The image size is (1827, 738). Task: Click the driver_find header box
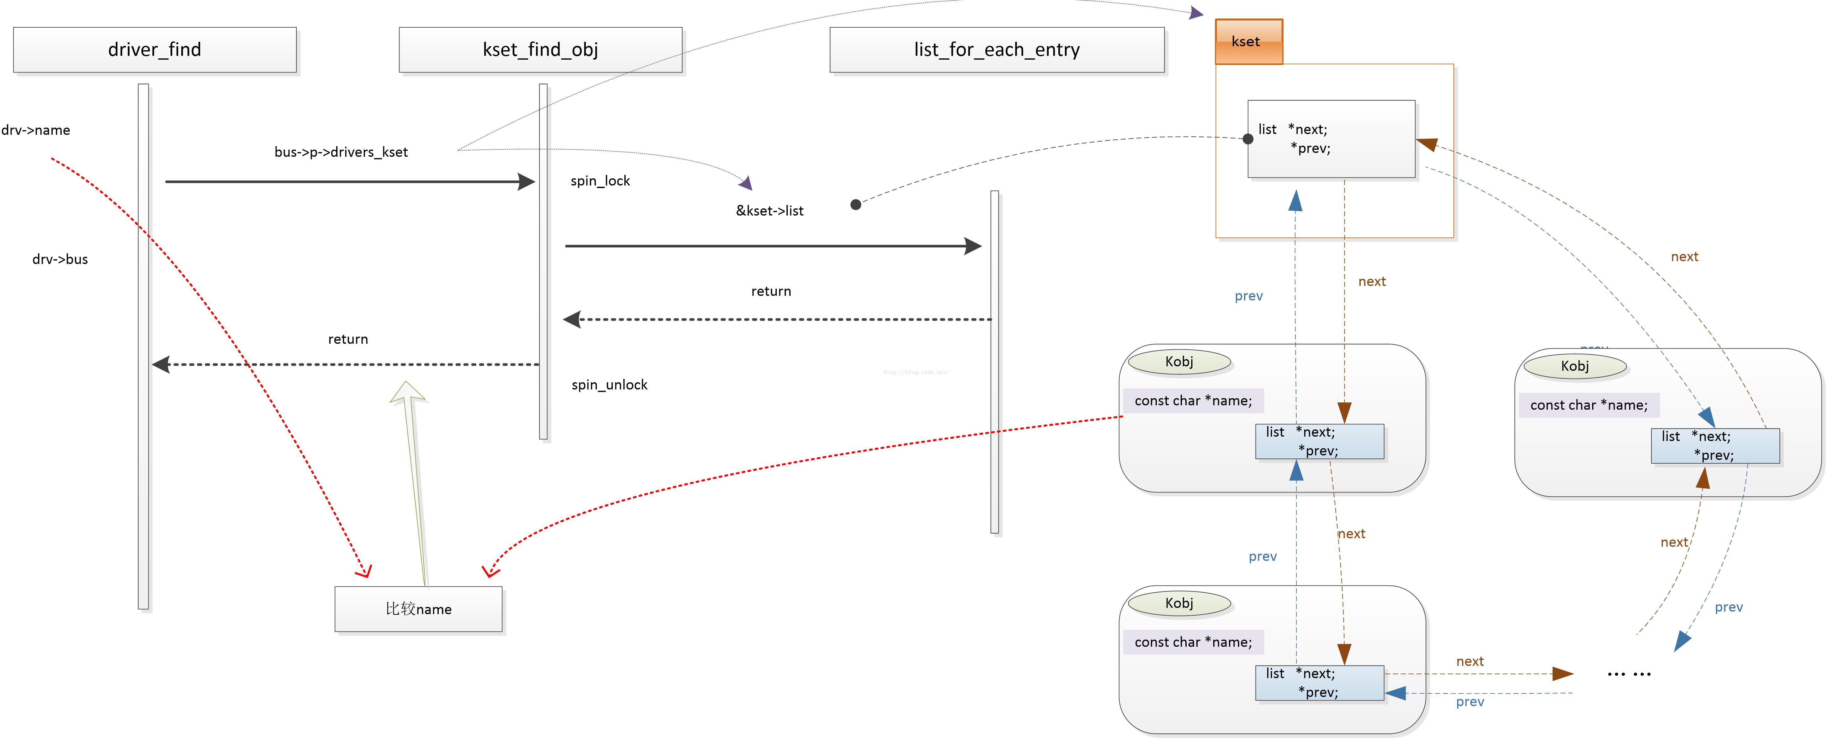click(155, 50)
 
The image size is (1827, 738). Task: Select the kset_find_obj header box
click(540, 50)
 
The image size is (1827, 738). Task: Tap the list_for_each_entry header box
click(997, 50)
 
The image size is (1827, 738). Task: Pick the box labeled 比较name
click(418, 609)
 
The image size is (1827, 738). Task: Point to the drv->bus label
click(60, 259)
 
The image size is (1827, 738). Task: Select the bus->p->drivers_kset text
click(341, 152)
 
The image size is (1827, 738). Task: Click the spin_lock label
click(600, 181)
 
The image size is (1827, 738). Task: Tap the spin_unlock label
click(609, 385)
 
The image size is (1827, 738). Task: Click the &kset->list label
click(770, 211)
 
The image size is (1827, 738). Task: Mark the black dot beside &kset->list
click(856, 204)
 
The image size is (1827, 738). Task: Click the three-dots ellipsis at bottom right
click(1629, 673)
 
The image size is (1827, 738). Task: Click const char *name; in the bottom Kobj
click(1193, 642)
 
